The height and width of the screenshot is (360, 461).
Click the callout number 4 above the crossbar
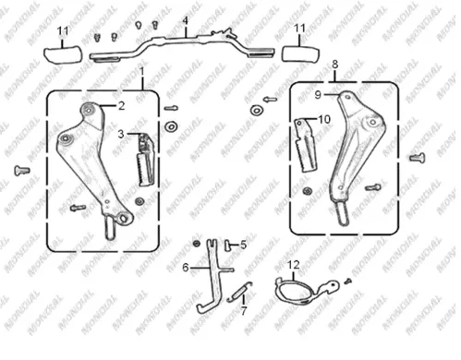pyautogui.click(x=185, y=21)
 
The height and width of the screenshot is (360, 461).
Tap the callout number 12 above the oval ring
pyautogui.click(x=294, y=264)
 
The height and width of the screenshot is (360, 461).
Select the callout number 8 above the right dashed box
pyautogui.click(x=335, y=65)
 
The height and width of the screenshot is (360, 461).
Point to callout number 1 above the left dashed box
pyautogui.click(x=142, y=72)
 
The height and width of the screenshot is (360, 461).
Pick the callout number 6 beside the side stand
pyautogui.click(x=185, y=268)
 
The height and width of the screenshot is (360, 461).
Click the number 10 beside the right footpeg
pyautogui.click(x=324, y=119)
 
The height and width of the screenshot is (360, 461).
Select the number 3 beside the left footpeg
pyautogui.click(x=121, y=134)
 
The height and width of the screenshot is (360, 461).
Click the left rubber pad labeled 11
pyautogui.click(x=63, y=55)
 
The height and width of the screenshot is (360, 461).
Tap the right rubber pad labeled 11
pyautogui.click(x=301, y=54)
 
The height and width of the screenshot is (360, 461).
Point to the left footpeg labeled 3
pyautogui.click(x=145, y=159)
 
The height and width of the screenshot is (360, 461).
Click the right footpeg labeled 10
pyautogui.click(x=306, y=145)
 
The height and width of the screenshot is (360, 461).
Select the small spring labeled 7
pyautogui.click(x=239, y=292)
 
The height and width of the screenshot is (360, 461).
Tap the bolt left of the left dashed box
pyautogui.click(x=22, y=171)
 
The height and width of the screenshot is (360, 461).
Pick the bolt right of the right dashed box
pyautogui.click(x=418, y=158)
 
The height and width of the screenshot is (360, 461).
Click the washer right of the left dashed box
pyautogui.click(x=172, y=126)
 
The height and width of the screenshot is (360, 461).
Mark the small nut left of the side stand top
pyautogui.click(x=196, y=244)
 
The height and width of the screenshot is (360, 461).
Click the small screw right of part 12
pyautogui.click(x=348, y=281)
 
